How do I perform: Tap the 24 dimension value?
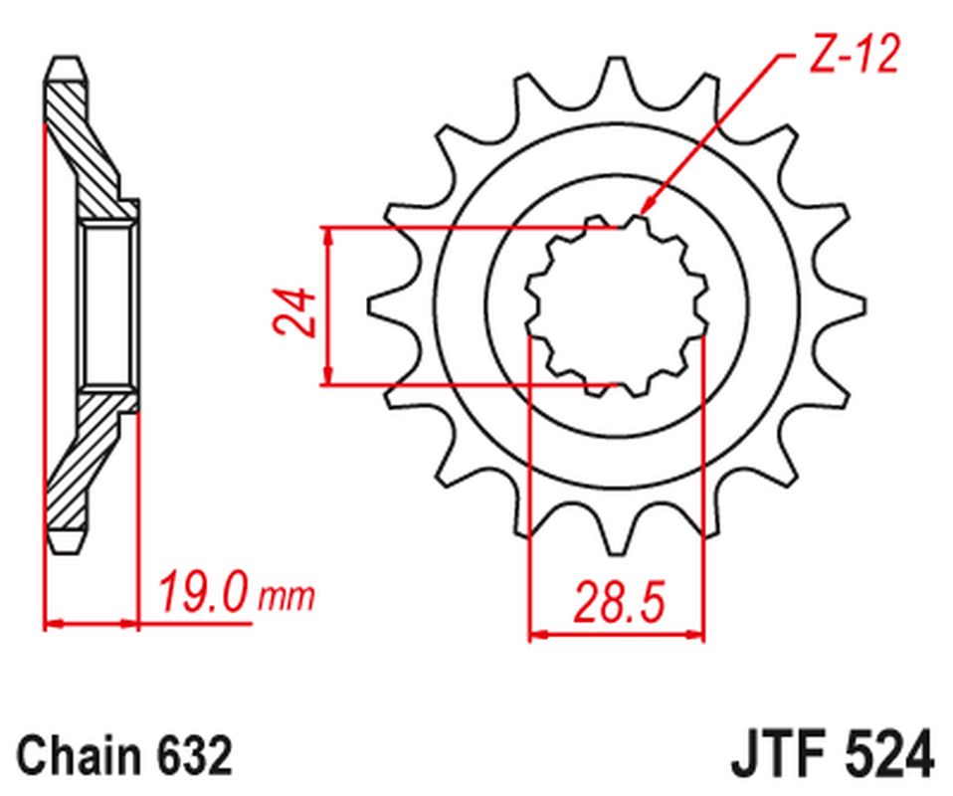click(x=294, y=312)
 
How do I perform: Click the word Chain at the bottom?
click(x=79, y=755)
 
